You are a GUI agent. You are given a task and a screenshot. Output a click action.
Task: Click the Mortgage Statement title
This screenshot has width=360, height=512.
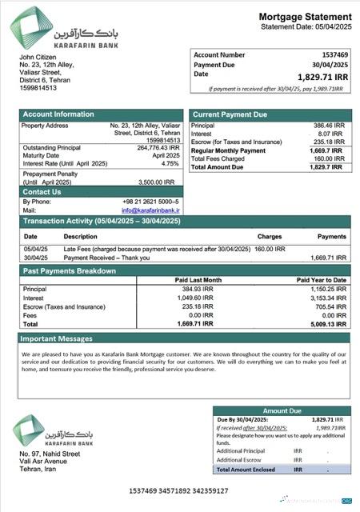[x=304, y=17]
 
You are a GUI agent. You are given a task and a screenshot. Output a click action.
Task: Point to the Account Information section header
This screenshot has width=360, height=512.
[x=58, y=114]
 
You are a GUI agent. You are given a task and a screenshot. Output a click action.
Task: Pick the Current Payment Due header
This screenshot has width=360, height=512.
[x=230, y=114]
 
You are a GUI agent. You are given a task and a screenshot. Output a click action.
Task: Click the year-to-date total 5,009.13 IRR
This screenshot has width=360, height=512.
[x=327, y=325]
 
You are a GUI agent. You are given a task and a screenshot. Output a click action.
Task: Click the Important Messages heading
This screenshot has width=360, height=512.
[x=57, y=338]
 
